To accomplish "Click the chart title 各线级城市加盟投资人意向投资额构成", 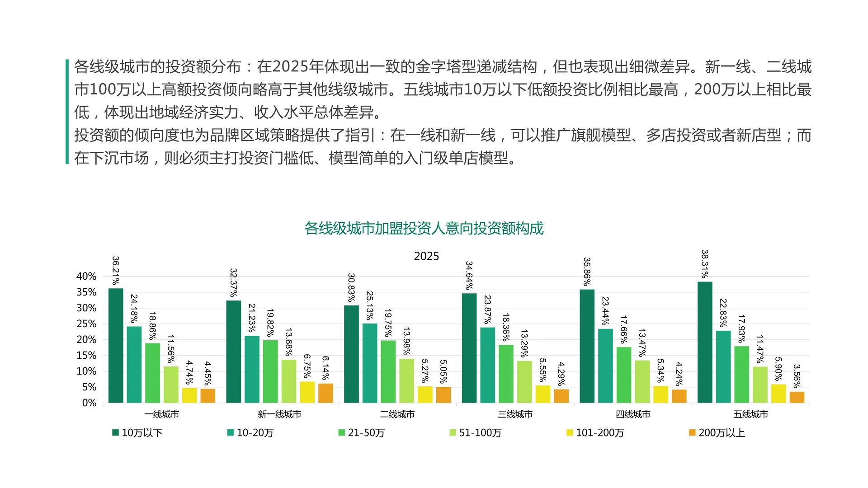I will point(424,229).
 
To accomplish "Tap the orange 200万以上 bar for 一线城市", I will point(208,395).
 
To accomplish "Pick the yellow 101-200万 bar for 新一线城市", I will point(307,392).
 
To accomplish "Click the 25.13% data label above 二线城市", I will point(369,306).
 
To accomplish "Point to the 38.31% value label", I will point(705,264).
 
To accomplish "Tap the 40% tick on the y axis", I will point(86,277).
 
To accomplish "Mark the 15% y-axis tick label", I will point(86,356).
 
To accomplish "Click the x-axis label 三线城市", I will point(515,414).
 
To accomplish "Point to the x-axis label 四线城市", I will point(633,414).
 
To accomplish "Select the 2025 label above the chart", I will point(426,257).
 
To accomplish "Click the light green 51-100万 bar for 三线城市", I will point(524,382).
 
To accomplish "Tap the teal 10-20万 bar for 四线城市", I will point(605,366).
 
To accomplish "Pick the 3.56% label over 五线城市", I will point(797,376).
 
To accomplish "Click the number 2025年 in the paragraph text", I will point(298,67).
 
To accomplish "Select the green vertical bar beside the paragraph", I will point(67,111).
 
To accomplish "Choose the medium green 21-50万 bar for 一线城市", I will point(153,373).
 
